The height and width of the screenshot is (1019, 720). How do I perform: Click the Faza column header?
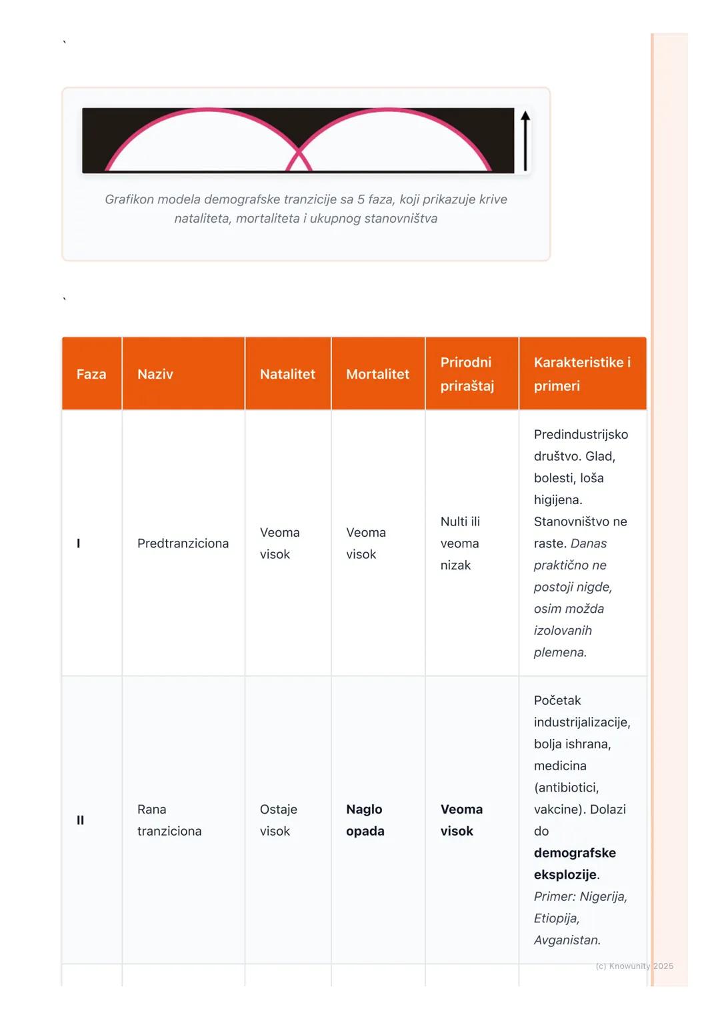click(91, 374)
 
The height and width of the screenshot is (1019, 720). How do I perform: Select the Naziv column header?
click(155, 374)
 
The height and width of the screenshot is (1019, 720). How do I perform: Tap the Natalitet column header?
click(287, 374)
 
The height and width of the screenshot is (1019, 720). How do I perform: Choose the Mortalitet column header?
click(377, 374)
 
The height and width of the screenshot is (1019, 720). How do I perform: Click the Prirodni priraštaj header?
click(467, 374)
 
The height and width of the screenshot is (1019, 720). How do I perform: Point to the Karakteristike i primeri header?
click(581, 374)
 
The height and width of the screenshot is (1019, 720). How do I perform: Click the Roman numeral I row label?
click(79, 544)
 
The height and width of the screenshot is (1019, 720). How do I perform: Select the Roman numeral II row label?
click(80, 820)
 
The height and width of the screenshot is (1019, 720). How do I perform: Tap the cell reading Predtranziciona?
click(183, 544)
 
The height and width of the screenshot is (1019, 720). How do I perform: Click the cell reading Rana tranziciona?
click(169, 820)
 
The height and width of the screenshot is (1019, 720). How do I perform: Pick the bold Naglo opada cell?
click(365, 820)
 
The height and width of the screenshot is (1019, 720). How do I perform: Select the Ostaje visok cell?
click(278, 820)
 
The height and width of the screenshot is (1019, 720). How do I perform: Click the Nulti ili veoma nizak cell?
click(460, 544)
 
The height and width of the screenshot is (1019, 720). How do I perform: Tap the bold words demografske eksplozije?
click(574, 864)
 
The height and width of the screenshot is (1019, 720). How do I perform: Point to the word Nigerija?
click(603, 896)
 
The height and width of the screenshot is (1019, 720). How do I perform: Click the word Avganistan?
click(567, 940)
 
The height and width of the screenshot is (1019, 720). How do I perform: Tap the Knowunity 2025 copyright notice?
click(634, 966)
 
